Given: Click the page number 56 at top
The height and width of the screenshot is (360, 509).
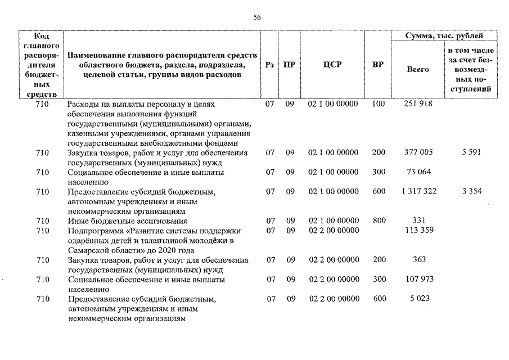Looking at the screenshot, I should coord(257,17).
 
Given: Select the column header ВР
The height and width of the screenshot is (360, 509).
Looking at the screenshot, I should coord(378,65).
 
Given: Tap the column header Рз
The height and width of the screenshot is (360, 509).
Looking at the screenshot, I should coord(270,65).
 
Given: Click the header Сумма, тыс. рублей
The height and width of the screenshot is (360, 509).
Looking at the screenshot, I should coord(444,36).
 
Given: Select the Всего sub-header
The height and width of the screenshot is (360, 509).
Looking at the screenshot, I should coord(417,69).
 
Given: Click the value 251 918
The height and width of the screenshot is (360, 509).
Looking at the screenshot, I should coord(417,104).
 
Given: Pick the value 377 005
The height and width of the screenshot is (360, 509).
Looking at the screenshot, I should coord(417,152).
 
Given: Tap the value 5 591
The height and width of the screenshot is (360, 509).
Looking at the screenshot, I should coord(471,152).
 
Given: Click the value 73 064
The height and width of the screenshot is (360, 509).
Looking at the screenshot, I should coord(417,172).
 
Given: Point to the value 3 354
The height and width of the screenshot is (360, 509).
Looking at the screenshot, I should coord(471,191).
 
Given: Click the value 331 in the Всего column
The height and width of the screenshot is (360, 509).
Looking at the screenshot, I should coord(417,220).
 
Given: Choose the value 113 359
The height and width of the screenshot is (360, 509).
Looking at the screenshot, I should coord(417,230).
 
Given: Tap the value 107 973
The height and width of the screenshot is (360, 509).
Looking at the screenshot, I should coord(417,279).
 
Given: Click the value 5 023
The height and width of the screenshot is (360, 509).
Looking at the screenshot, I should coord(417,299).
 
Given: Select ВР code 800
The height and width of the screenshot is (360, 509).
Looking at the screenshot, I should coord(379,220).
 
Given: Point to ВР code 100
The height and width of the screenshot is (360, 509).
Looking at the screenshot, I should coord(379,104).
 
